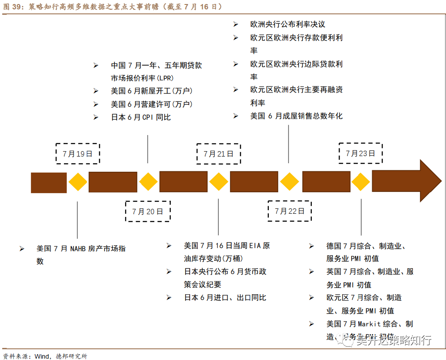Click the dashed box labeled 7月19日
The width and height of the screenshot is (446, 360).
(77, 154)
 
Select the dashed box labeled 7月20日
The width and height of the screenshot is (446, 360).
(148, 211)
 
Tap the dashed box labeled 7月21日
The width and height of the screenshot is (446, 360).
(218, 154)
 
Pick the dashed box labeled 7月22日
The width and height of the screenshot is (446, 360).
(289, 211)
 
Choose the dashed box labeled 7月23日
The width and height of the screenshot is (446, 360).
(361, 153)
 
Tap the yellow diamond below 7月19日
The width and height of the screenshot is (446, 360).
(77, 182)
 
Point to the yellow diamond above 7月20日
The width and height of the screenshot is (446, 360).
(148, 182)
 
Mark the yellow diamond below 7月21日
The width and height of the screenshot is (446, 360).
(219, 182)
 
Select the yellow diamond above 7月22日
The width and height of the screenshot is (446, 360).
(289, 182)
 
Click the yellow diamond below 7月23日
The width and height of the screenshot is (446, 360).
(361, 182)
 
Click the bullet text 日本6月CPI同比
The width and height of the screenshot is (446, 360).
(141, 117)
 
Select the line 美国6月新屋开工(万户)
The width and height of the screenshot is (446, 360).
(152, 91)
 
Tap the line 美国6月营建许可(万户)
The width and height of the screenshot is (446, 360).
(152, 104)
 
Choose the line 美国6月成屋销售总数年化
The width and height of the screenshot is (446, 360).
(296, 116)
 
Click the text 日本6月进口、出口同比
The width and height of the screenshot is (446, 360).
(225, 297)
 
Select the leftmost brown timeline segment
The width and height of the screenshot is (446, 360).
(48, 182)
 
